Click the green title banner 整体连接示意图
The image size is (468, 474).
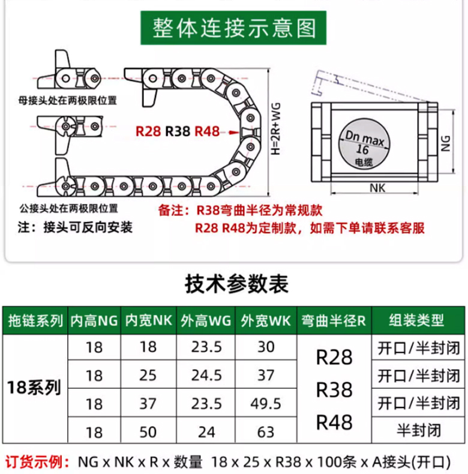pos(233,28)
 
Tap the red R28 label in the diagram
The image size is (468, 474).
pos(148,131)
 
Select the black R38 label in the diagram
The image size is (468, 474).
pos(178,131)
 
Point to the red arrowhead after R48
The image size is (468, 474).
pos(234,133)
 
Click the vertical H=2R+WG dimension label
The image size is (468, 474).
pos(276,129)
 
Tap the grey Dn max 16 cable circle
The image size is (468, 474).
pos(364,144)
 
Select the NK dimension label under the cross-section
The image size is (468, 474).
pos(377,188)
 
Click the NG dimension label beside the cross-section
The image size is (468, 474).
pos(446,143)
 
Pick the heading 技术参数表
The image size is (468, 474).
pos(236,284)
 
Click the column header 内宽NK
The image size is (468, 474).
pos(148,320)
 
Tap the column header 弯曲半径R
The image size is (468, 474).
pos(334,321)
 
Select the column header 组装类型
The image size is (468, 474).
pos(416,320)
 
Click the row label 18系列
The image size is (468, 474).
pos(34,388)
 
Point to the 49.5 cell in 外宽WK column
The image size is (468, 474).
pos(266,404)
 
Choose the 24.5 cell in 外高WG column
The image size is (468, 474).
pos(206,376)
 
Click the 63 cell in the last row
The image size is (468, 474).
pos(266,432)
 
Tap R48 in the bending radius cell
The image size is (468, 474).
pos(334,422)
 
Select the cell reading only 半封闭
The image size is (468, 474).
pos(419,430)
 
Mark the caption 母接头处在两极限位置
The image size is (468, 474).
pos(67,100)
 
